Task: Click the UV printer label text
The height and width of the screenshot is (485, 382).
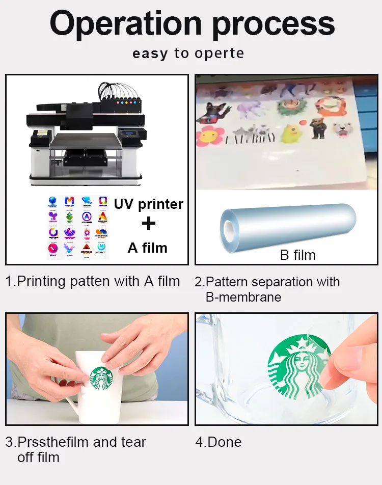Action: pyautogui.click(x=148, y=204)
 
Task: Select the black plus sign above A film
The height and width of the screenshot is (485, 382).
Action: pyautogui.click(x=148, y=224)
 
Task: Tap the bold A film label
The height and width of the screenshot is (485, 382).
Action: pyautogui.click(x=147, y=248)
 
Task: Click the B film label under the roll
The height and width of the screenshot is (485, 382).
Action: pyautogui.click(x=297, y=254)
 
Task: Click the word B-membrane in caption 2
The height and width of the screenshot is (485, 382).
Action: pyautogui.click(x=243, y=297)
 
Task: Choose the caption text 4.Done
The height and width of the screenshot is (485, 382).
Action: pyautogui.click(x=219, y=442)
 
